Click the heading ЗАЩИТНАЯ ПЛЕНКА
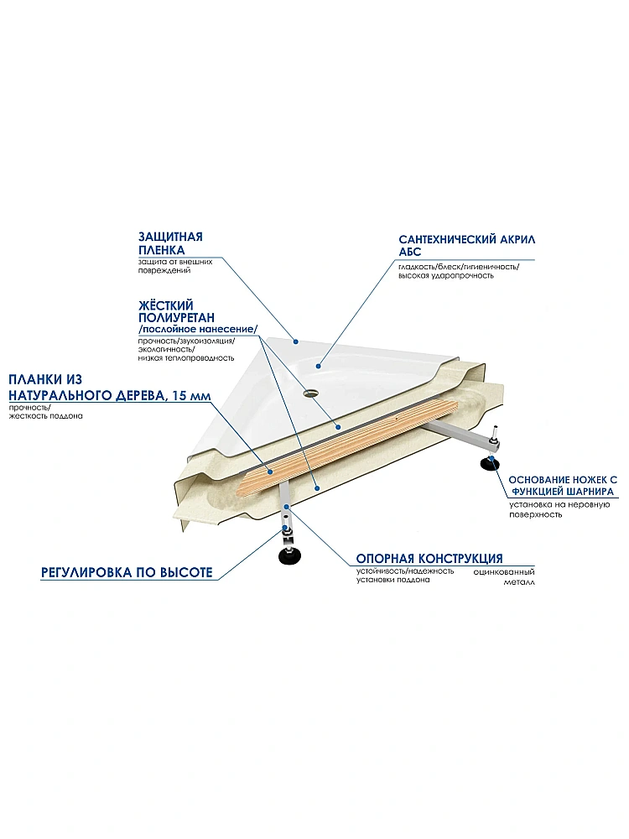click(x=170, y=243)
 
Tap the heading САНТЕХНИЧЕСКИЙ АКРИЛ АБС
click(x=467, y=246)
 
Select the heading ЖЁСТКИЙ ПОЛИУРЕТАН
click(x=176, y=311)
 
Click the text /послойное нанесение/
click(x=198, y=329)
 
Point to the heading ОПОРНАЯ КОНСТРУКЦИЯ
click(x=429, y=559)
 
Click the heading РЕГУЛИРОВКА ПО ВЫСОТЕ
click(x=127, y=572)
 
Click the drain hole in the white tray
click(x=309, y=393)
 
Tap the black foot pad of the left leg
click(x=289, y=555)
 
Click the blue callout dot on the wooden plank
click(x=271, y=472)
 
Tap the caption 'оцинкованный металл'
click(x=503, y=577)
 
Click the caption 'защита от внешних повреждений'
click(x=175, y=266)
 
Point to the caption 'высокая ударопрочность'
click(x=446, y=275)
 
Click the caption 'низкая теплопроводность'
click(x=185, y=358)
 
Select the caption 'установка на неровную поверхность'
click(x=559, y=509)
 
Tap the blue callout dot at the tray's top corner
click(x=294, y=340)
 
